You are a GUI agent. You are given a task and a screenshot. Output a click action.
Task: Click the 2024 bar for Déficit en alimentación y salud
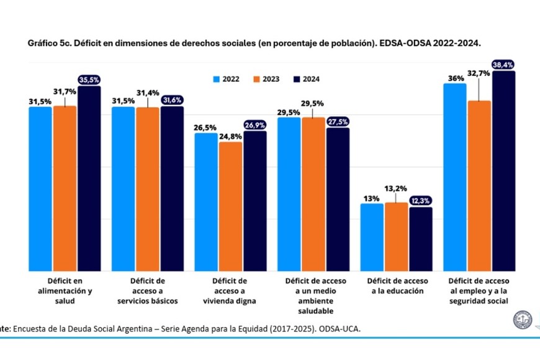tap(89, 179)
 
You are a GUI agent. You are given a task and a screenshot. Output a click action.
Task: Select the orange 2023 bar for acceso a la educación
tap(396, 237)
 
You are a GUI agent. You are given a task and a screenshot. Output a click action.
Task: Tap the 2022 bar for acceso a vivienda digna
tap(206, 202)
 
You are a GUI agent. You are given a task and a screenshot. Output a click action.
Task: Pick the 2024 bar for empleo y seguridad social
tap(503, 171)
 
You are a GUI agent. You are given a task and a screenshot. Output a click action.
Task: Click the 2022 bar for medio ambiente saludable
tap(289, 194)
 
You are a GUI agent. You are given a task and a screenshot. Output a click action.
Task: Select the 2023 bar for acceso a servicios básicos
tap(147, 189)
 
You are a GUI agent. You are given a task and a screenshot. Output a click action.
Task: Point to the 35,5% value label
tap(89, 79)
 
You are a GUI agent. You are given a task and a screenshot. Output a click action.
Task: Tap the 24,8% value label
tap(230, 136)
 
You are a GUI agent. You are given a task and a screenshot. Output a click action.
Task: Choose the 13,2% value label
tap(396, 188)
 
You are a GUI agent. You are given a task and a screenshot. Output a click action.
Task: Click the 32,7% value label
tap(478, 73)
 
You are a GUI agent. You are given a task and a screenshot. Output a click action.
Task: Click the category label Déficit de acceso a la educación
tap(397, 286)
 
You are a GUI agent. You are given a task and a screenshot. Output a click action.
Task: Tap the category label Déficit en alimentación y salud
tap(65, 290)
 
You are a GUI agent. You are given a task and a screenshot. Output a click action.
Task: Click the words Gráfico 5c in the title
tap(48, 45)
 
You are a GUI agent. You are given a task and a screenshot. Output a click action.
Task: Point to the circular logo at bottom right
tap(522, 320)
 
